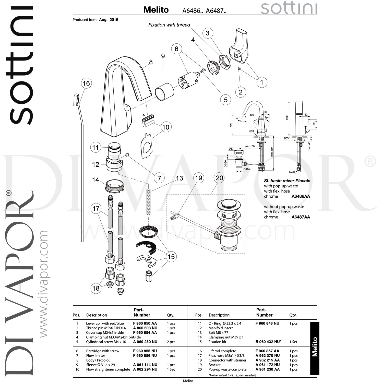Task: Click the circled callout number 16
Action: pos(86,83)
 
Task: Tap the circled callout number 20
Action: pos(219,178)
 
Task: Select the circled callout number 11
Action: pos(95,148)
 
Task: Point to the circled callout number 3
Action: pos(208,33)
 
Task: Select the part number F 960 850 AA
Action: pos(145,323)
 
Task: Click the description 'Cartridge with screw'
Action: pos(103,351)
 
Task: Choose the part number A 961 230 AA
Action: pos(268,369)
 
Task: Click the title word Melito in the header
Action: pos(156,10)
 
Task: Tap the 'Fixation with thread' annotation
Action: pos(169,25)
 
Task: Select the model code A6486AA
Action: pos(301,196)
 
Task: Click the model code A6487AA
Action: pos(301,217)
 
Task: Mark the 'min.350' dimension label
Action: pos(271,152)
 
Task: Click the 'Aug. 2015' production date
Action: pos(109,20)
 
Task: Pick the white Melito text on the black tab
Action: pos(315,347)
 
